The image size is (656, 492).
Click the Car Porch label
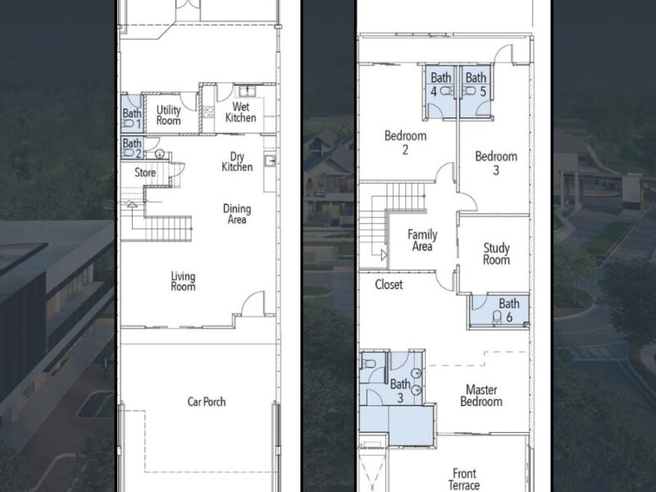(206, 402)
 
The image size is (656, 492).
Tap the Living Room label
(183, 281)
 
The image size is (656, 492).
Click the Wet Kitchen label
(241, 112)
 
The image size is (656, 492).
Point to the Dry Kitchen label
(237, 161)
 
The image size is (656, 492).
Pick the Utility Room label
(169, 115)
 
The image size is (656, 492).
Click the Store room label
(145, 173)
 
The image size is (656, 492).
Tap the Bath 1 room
(131, 119)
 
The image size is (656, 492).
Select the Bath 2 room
(131, 148)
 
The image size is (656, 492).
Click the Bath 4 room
(440, 85)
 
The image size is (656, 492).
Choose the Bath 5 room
(476, 85)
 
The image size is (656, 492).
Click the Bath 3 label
(400, 389)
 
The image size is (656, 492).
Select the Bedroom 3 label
(496, 163)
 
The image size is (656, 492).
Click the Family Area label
(422, 240)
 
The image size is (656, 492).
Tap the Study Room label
(496, 254)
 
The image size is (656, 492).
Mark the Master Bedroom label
(481, 396)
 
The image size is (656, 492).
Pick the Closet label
(389, 285)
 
